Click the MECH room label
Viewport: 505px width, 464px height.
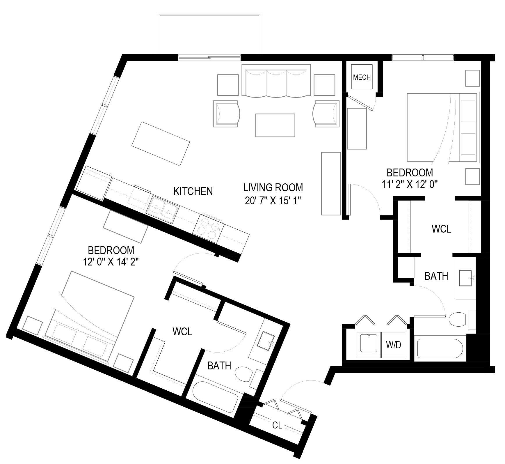362,77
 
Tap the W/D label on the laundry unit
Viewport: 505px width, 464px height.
394,345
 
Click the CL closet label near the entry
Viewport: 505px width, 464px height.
277,425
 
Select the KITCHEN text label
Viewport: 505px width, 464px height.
193,191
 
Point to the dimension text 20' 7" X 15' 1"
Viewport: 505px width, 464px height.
273,201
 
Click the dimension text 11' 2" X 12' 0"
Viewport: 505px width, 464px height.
410,185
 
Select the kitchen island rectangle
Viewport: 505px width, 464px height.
161,144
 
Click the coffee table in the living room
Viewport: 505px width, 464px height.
275,125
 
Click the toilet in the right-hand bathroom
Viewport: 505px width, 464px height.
458,319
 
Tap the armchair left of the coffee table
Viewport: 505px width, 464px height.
227,114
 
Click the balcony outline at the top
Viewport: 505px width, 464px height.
209,33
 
